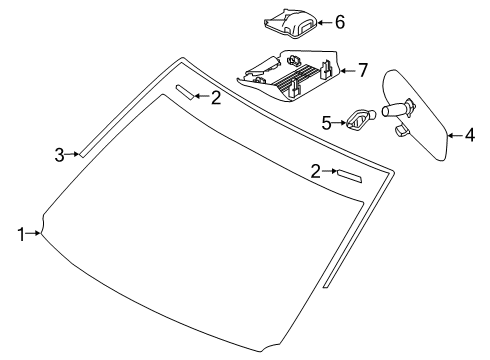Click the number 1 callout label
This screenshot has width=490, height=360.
[x=20, y=234]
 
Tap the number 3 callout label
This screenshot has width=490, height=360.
[x=59, y=154]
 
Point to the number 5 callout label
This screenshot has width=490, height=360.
[x=325, y=122]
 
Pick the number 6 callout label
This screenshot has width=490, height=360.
[x=339, y=21]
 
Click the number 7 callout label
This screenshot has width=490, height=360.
[x=362, y=70]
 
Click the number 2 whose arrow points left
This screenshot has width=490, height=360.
[x=215, y=97]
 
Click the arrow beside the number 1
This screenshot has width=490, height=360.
[x=35, y=234]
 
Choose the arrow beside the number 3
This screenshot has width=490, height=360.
[x=75, y=154]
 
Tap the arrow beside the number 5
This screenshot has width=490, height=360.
[x=340, y=122]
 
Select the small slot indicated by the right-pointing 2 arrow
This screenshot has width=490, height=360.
[x=348, y=176]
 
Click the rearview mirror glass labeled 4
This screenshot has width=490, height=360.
[x=420, y=115]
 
